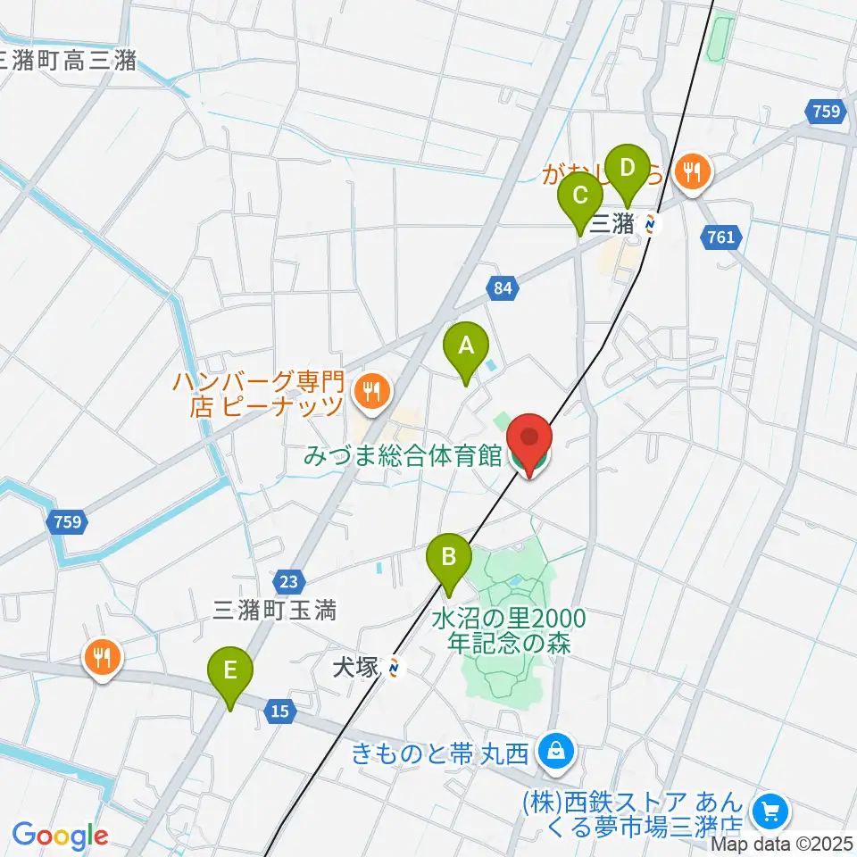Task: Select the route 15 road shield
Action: [280, 711]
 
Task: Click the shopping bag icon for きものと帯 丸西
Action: [556, 753]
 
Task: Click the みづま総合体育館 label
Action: [403, 456]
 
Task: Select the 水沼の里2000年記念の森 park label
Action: [509, 629]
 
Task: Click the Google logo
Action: [60, 836]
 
